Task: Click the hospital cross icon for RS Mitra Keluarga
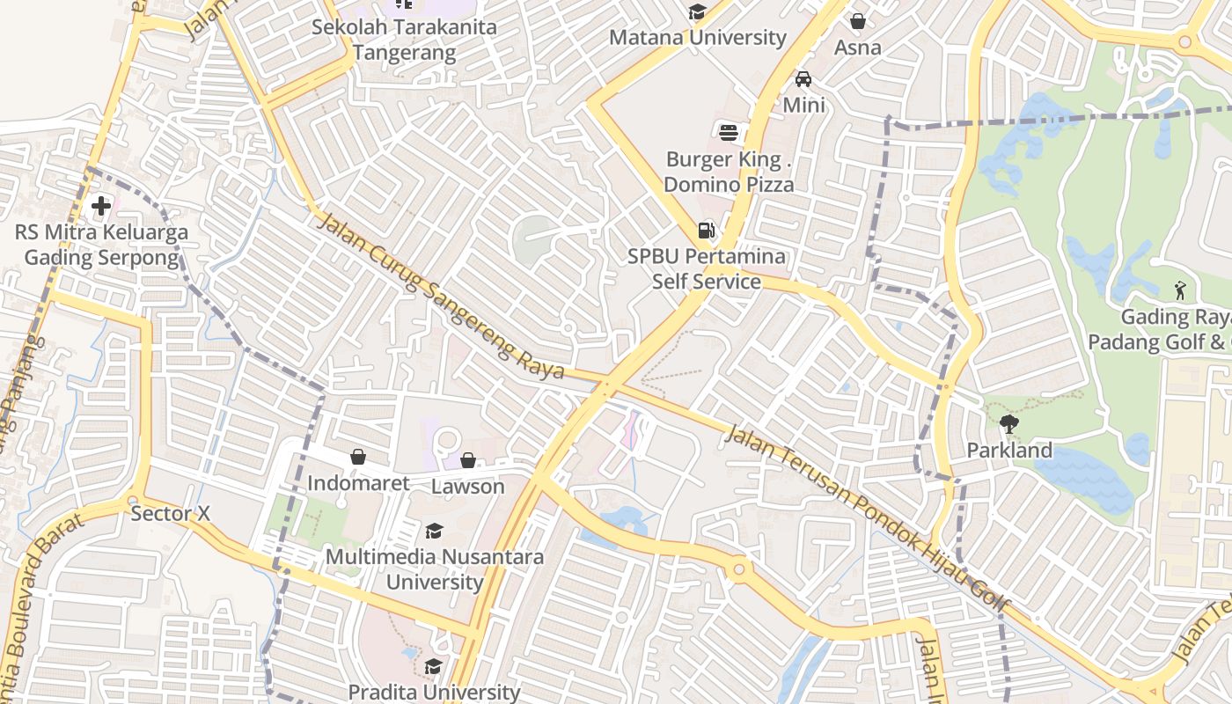101,207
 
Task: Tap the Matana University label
698,38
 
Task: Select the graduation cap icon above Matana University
698,12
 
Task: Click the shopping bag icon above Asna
858,21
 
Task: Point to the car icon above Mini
803,79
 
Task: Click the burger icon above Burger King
729,133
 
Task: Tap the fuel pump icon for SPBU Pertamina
706,231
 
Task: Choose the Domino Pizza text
729,185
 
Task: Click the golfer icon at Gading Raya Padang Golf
1180,290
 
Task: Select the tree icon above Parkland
1009,424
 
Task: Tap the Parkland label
1009,451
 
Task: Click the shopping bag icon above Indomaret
358,457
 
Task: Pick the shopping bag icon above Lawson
468,460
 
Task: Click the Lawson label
468,487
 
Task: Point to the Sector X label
171,513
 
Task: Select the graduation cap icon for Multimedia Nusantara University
434,531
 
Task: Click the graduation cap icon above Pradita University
433,666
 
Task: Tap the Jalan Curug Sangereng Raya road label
440,295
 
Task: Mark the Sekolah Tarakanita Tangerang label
405,40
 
